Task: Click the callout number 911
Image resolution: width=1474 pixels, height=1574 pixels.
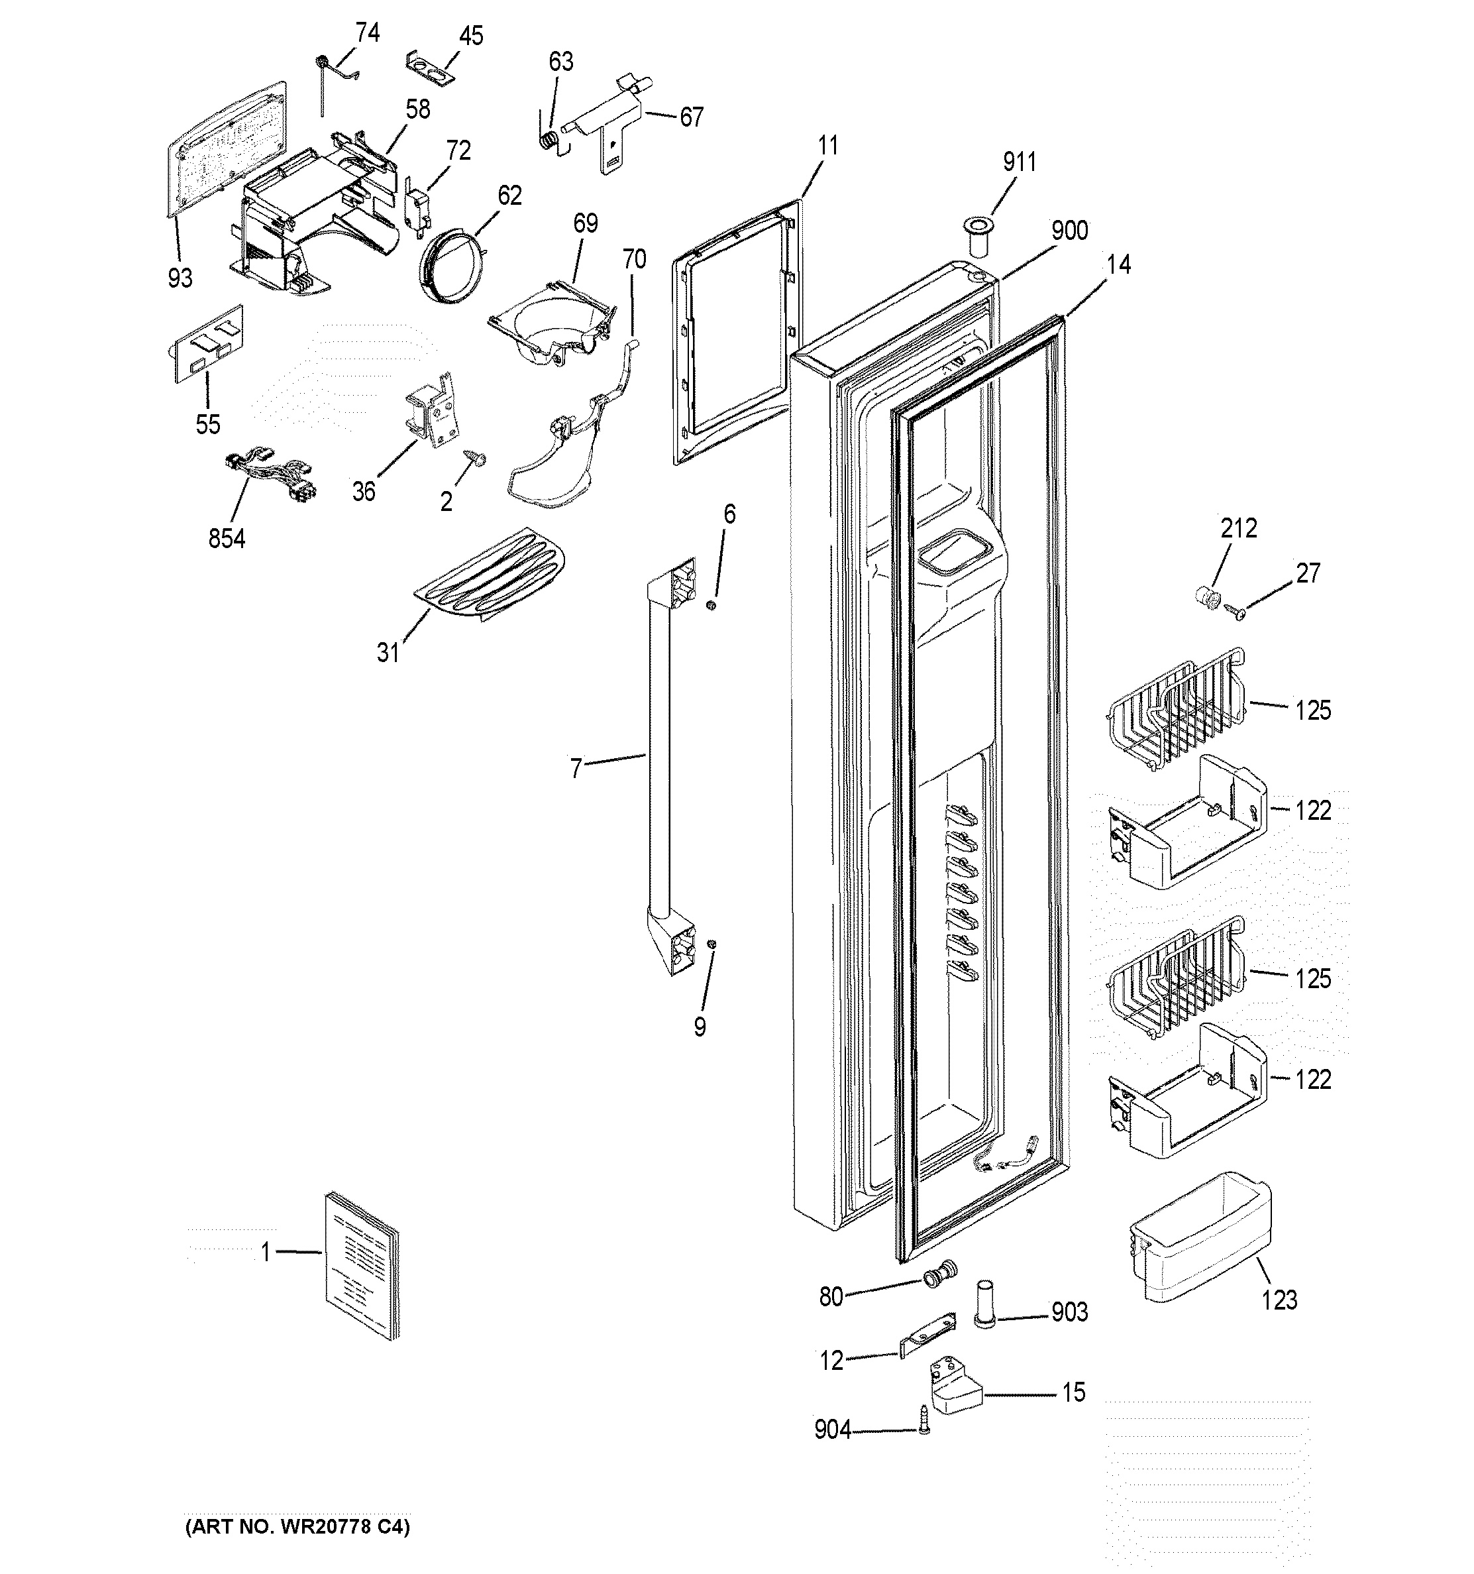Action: [x=1019, y=162]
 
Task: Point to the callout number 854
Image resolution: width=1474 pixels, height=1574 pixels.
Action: [x=227, y=539]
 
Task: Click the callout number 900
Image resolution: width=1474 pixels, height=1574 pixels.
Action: [x=1069, y=231]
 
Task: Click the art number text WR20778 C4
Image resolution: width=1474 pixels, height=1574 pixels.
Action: [x=297, y=1528]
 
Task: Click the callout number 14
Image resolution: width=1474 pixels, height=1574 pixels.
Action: [x=1118, y=264]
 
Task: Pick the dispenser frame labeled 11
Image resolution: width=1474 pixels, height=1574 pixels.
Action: [x=736, y=333]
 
